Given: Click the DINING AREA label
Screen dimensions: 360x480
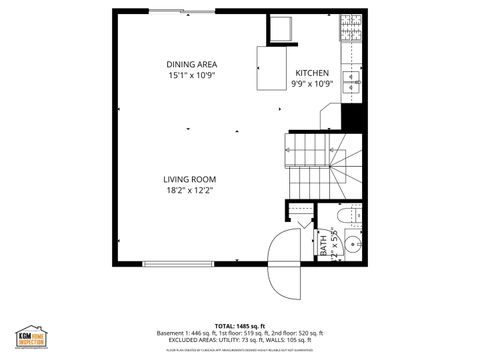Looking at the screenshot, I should point(192,65).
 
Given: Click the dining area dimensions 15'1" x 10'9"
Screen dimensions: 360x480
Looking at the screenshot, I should point(192,75).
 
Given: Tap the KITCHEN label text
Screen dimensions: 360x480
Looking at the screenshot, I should point(312,74).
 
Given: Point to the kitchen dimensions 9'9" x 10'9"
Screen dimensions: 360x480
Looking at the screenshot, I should point(312,84).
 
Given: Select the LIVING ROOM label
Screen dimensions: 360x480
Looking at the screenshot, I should point(190,179).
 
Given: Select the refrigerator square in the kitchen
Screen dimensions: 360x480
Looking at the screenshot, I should point(279,30).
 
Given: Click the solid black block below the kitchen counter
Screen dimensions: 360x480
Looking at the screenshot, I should point(351,116).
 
